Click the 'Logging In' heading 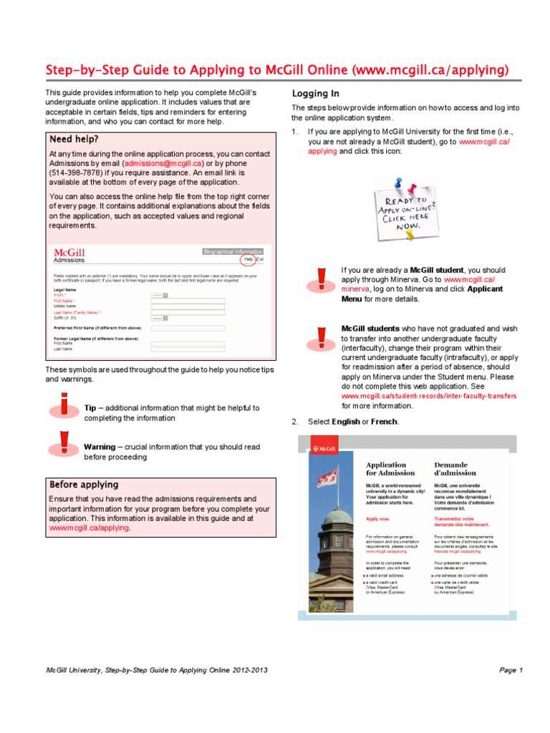316,94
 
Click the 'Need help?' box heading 74,139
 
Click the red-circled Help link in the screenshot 249,260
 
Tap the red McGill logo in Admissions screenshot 69,253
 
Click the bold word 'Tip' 90,407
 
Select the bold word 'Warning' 100,447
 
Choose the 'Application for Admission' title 390,468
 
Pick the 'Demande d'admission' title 455,468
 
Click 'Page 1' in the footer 511,670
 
